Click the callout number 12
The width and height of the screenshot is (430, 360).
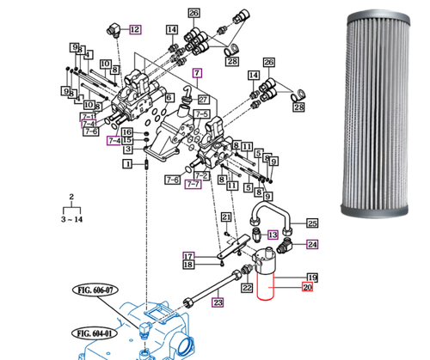pos(134,29)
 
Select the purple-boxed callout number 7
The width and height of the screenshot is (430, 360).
pos(196,74)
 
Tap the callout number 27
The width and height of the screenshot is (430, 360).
pos(203,99)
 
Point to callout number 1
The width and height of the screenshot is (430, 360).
pos(126,163)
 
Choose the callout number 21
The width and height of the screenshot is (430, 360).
pos(225,217)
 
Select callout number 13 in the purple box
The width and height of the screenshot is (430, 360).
pos(272,235)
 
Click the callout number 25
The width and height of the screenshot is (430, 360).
pos(312,222)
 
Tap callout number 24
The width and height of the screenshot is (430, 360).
pos(312,244)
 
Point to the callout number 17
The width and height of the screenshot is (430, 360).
pos(188,255)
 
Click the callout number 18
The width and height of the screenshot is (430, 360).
pos(188,265)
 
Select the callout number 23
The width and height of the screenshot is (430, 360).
pos(218,302)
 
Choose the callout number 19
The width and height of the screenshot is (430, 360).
pos(312,277)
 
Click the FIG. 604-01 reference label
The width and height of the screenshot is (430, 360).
pos(95,333)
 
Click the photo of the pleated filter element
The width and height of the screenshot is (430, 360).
pos(378,112)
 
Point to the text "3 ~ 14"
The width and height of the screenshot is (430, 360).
pos(71,220)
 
